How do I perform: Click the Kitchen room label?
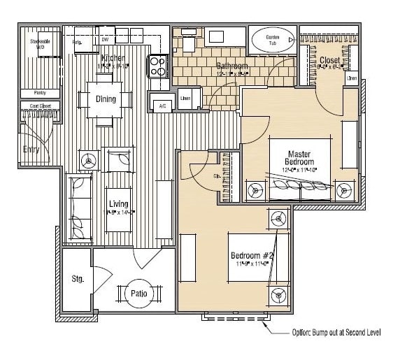tap(113, 58)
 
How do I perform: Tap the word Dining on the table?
tap(106, 99)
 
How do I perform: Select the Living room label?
tap(118, 203)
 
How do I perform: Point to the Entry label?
tap(31, 149)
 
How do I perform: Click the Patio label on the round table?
tap(138, 294)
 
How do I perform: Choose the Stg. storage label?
tap(78, 279)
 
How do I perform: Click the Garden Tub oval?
tap(272, 40)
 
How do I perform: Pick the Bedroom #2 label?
tap(251, 255)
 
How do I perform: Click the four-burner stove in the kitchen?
tap(158, 66)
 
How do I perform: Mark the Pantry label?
tap(40, 93)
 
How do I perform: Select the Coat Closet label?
tap(40, 106)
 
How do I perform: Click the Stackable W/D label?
tap(39, 44)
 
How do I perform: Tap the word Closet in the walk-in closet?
tap(329, 61)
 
